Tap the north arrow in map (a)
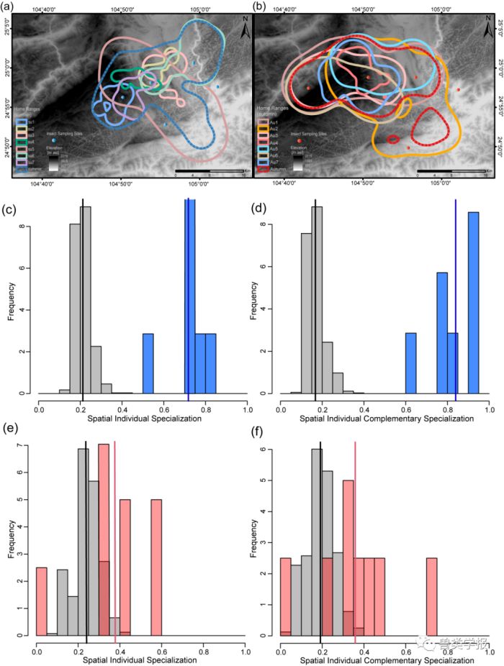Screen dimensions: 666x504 point(245,30)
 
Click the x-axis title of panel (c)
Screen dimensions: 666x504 point(144,417)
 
